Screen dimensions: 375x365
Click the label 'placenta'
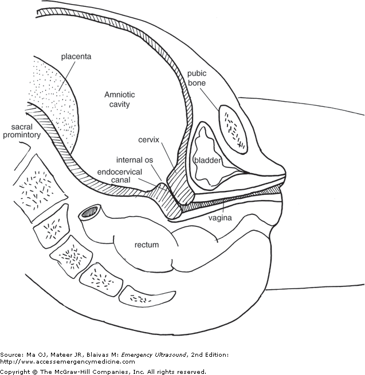point(76,57)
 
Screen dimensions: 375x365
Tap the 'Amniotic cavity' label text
point(117,98)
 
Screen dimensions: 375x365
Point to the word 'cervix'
point(148,139)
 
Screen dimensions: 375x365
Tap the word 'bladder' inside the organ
point(207,161)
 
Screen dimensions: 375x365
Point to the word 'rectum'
point(146,245)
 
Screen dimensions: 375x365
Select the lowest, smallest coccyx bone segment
point(138,298)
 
